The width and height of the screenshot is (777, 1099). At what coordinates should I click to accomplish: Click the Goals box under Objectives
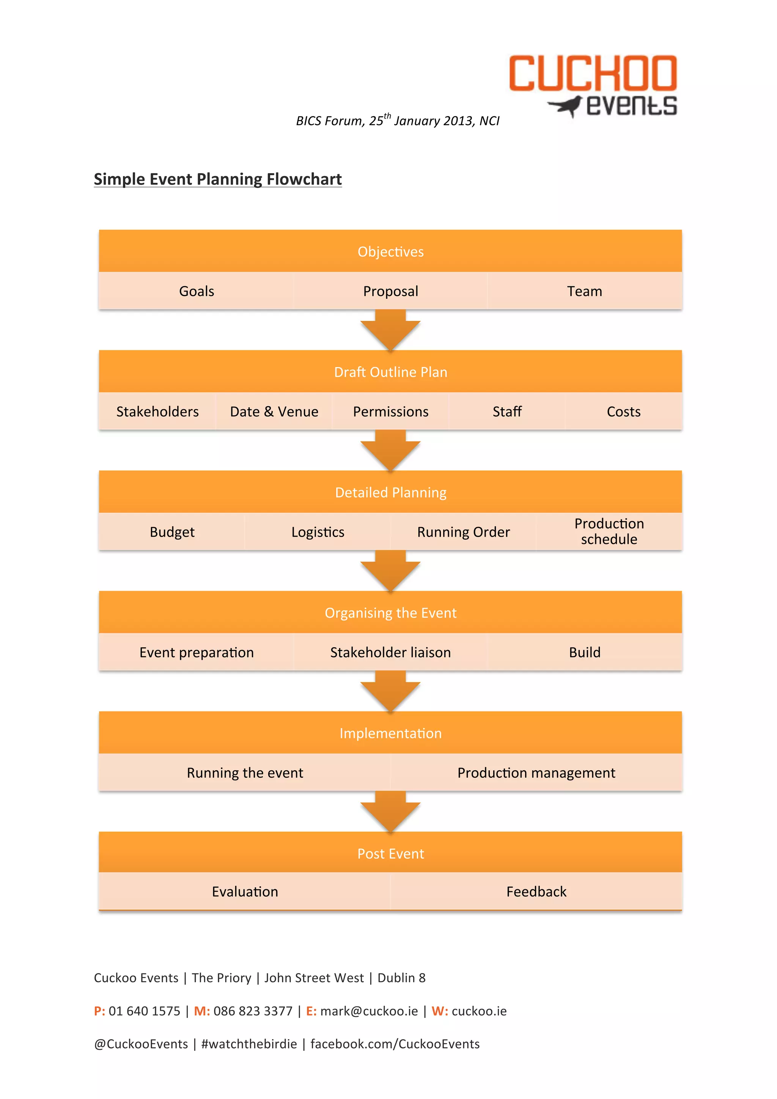tap(196, 291)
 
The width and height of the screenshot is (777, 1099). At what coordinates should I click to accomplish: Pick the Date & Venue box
tap(274, 411)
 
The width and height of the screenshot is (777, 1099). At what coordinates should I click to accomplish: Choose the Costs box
tap(623, 411)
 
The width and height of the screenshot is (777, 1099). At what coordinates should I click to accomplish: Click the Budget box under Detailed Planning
tap(172, 532)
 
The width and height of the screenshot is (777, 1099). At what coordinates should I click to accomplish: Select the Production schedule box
tap(609, 531)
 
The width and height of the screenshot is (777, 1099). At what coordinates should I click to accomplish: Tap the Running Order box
tap(463, 532)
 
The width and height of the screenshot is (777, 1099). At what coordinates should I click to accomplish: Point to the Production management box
tap(536, 772)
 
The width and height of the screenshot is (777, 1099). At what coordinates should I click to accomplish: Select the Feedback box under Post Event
tap(536, 891)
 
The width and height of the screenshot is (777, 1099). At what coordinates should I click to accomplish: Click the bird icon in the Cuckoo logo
tap(566, 106)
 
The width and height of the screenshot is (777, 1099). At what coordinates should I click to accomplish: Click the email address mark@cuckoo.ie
tap(369, 1011)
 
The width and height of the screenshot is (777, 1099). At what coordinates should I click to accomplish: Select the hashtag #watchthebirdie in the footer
tap(249, 1044)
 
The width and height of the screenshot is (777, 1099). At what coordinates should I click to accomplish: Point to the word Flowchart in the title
tap(304, 179)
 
